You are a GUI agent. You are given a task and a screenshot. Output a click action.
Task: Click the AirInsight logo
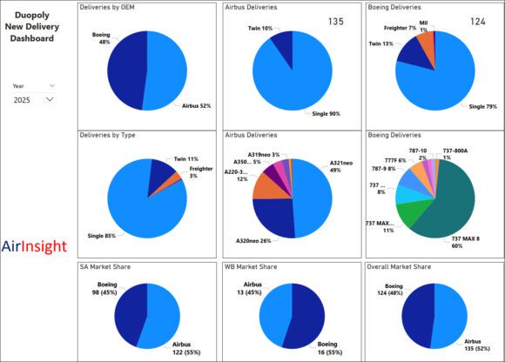pos(34,246)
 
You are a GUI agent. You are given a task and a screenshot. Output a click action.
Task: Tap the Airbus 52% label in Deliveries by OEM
pos(197,105)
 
